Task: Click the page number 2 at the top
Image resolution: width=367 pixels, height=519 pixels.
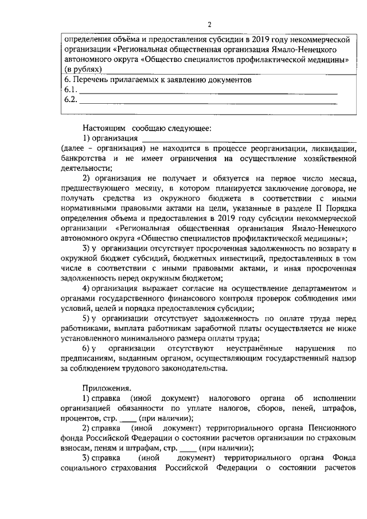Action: click(209, 25)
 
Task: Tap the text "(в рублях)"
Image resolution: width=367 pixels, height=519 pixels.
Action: click(83, 69)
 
